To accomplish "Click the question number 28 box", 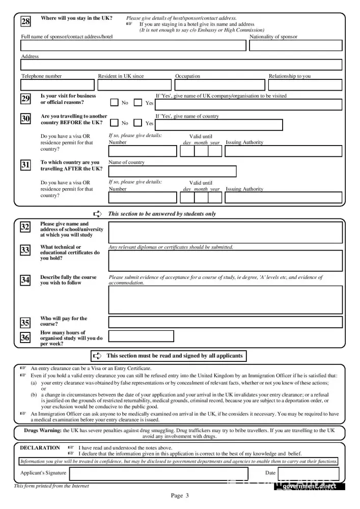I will pos(25,21).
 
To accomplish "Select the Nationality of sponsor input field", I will pos(295,45).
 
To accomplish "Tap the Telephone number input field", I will pos(58,84).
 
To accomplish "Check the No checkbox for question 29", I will pos(115,103).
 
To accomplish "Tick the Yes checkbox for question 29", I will pos(138,103).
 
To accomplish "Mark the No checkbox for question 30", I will pos(115,123).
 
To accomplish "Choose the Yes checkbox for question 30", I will pos(138,123).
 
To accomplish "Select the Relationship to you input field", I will pos(304,84).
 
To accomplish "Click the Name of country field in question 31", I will pos(172,171).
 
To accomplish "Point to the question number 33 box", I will pos(25,250).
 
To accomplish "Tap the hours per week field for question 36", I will pos(141,336).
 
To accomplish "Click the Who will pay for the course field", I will pos(225,322).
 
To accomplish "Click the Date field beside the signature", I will pos(311,473).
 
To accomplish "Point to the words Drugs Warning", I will pos(42,430).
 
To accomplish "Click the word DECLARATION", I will pos(40,448).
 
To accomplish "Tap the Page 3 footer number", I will pos(180,496).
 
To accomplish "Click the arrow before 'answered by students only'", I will pos(98,214).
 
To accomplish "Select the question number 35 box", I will pos(25,323).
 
